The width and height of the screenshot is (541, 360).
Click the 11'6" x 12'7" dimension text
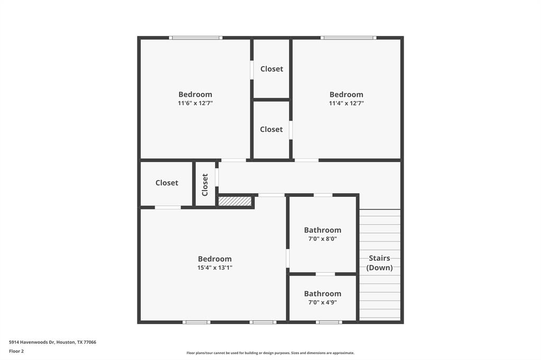(x=195, y=103)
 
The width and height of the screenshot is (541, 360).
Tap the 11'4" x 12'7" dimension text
(x=346, y=103)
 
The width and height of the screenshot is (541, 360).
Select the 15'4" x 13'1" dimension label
(x=214, y=268)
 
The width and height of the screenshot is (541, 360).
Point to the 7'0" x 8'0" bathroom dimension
(x=322, y=239)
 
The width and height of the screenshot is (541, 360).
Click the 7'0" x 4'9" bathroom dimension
(x=322, y=302)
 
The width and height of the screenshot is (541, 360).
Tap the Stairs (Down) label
(x=379, y=263)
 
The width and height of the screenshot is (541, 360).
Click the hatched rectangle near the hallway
(x=235, y=201)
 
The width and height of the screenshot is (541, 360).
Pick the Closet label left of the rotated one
(x=166, y=183)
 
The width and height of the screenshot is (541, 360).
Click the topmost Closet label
(x=272, y=69)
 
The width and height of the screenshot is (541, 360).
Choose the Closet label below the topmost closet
(x=271, y=129)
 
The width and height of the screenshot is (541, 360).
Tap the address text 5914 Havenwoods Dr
(x=52, y=342)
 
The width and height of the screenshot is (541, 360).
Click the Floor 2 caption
(x=16, y=351)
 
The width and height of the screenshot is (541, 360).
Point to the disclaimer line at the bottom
(x=270, y=353)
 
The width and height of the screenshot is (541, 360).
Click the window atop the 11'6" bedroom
(x=195, y=37)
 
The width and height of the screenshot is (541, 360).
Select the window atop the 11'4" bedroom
(x=348, y=37)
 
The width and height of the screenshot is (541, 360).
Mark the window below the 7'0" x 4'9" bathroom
(x=329, y=322)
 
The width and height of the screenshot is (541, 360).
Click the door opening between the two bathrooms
(x=325, y=274)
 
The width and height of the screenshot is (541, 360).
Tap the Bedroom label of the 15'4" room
(x=214, y=259)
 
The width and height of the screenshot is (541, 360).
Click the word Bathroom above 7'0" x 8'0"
(x=322, y=230)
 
